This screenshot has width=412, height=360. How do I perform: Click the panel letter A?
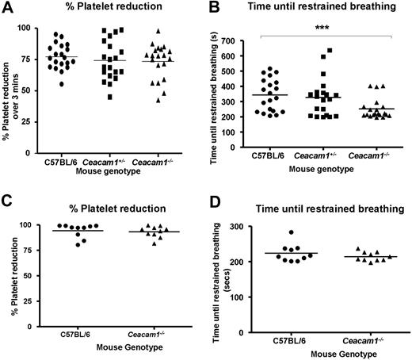[7, 10]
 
